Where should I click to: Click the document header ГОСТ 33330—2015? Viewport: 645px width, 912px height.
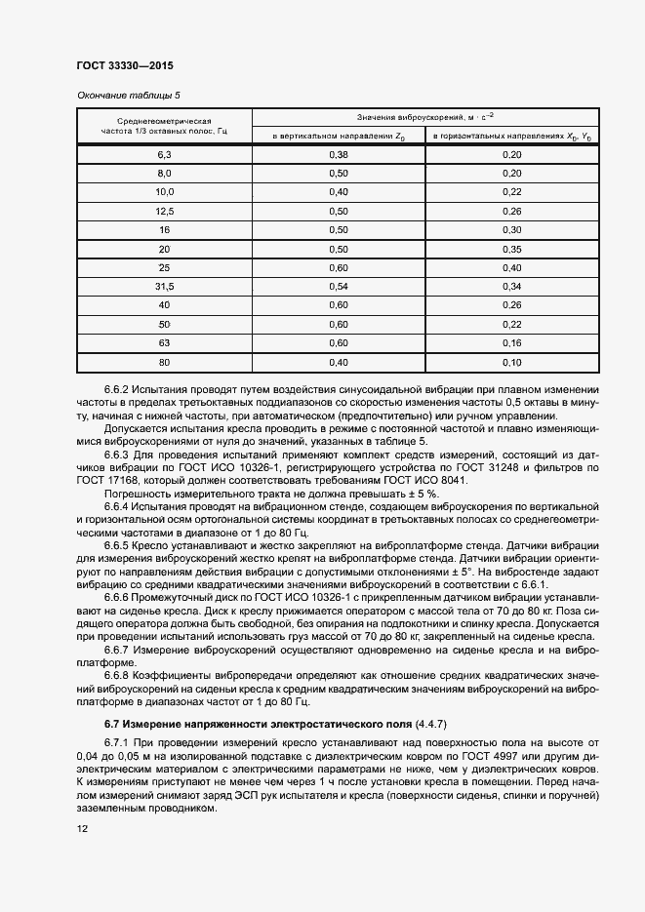(x=125, y=66)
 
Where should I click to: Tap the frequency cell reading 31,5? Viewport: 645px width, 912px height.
(x=164, y=286)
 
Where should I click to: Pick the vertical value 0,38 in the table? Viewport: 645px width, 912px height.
(x=338, y=155)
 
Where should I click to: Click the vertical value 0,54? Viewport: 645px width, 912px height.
(x=338, y=286)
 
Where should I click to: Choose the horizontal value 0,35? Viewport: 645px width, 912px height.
(x=511, y=249)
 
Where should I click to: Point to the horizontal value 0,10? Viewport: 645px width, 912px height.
(x=511, y=362)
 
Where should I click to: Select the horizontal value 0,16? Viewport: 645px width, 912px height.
(x=511, y=342)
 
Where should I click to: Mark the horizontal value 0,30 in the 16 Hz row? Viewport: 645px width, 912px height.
(x=511, y=229)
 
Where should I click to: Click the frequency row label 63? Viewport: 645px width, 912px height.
(x=164, y=342)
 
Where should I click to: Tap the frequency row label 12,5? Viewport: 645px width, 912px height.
(x=164, y=211)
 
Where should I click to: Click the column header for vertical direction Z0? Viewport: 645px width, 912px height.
(x=338, y=137)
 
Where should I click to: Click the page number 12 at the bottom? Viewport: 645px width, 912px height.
(x=81, y=829)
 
